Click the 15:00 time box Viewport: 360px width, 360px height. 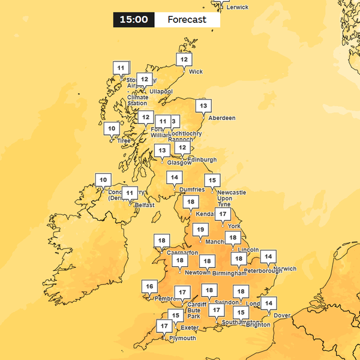134,20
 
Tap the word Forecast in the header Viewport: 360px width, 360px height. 187,20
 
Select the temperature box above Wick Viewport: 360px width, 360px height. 184,60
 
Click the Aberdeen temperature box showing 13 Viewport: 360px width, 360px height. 203,107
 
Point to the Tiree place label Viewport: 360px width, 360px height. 124,141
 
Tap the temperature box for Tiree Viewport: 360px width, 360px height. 111,128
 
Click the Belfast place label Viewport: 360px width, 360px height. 145,205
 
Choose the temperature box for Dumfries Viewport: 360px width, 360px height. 175,178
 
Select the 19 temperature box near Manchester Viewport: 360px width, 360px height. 200,230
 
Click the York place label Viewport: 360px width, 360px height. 234,226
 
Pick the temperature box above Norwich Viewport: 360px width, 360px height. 269,257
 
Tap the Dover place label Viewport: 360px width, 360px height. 281,315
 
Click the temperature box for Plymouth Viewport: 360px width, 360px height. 164,326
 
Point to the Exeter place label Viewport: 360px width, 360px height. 189,328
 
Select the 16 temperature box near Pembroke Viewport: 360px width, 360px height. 149,287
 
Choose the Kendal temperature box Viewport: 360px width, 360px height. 191,202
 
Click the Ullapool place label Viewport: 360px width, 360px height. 161,91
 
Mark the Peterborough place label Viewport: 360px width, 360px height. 263,271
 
